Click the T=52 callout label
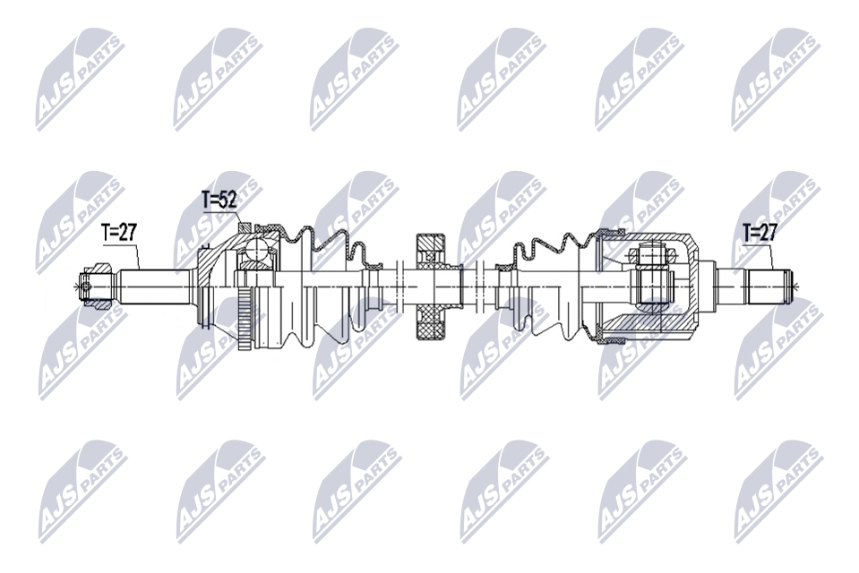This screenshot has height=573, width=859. coord(219,200)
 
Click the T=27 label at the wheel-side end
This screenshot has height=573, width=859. coord(118,233)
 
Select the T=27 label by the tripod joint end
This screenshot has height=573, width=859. coord(760,233)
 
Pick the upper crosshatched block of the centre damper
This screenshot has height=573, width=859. coord(432,248)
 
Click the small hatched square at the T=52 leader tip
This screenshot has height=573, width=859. coord(245,227)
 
